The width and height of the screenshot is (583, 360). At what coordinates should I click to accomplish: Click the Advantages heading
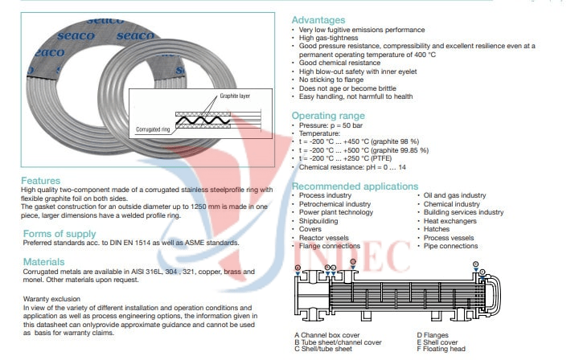pos(318,20)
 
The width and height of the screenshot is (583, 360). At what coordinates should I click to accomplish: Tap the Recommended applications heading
pos(355,186)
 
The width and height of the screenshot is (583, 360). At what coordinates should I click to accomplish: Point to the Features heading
pos(40,181)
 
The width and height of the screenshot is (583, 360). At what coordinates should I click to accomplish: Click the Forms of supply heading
pos(60,234)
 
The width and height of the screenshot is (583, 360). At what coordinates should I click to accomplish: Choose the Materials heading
pos(44,262)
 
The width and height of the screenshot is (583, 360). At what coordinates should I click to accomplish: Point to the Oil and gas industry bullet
pos(455,195)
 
